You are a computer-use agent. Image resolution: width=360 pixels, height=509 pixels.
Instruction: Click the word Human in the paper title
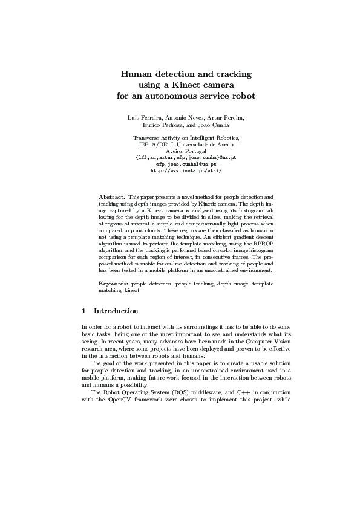[x=135, y=74]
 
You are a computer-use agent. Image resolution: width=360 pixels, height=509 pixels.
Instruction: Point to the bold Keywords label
[x=113, y=283]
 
